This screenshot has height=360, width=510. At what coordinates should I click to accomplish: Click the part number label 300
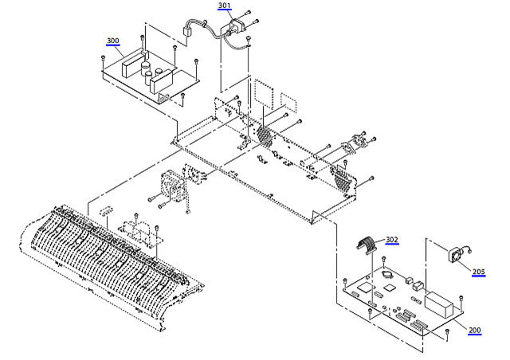pyautogui.click(x=112, y=41)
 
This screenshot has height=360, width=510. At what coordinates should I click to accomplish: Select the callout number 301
pyautogui.click(x=224, y=6)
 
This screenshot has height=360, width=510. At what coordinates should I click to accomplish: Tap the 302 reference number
pyautogui.click(x=391, y=239)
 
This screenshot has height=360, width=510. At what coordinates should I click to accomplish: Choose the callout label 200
pyautogui.click(x=474, y=331)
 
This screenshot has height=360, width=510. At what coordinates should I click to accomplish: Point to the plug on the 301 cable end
pyautogui.click(x=189, y=35)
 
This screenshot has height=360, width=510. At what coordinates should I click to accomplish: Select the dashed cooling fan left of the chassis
pyautogui.click(x=172, y=188)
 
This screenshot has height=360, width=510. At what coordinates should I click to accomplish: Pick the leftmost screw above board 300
pyautogui.click(x=104, y=59)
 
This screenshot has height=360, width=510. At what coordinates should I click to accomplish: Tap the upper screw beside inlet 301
pyautogui.click(x=249, y=14)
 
